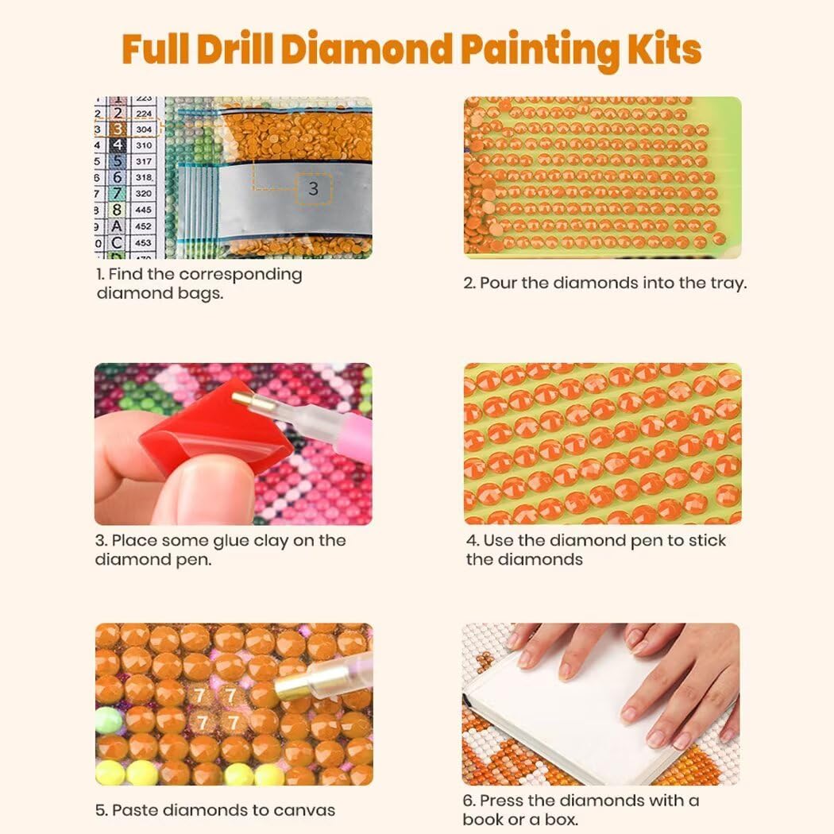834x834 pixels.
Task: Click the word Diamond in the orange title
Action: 366,49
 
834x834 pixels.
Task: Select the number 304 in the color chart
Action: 144,129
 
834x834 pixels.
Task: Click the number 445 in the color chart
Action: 144,210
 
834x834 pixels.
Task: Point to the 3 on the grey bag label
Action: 313,188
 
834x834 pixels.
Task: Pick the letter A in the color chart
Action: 117,226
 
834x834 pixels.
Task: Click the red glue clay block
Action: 215,427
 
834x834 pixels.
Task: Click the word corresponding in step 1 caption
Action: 241,275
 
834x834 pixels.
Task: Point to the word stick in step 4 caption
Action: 707,540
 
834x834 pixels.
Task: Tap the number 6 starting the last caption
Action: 468,801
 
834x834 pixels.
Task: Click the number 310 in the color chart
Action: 144,145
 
